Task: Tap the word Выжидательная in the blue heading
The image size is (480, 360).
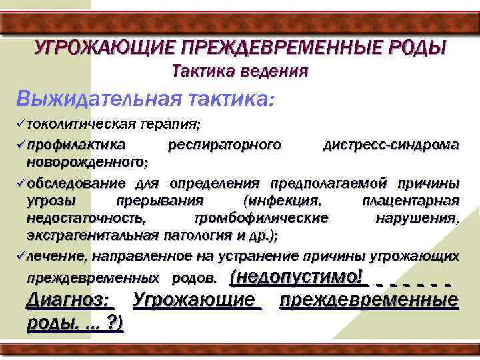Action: coord(99,99)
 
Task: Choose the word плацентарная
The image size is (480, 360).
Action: coord(410,201)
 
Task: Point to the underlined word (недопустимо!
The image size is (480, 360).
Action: coord(298,276)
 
